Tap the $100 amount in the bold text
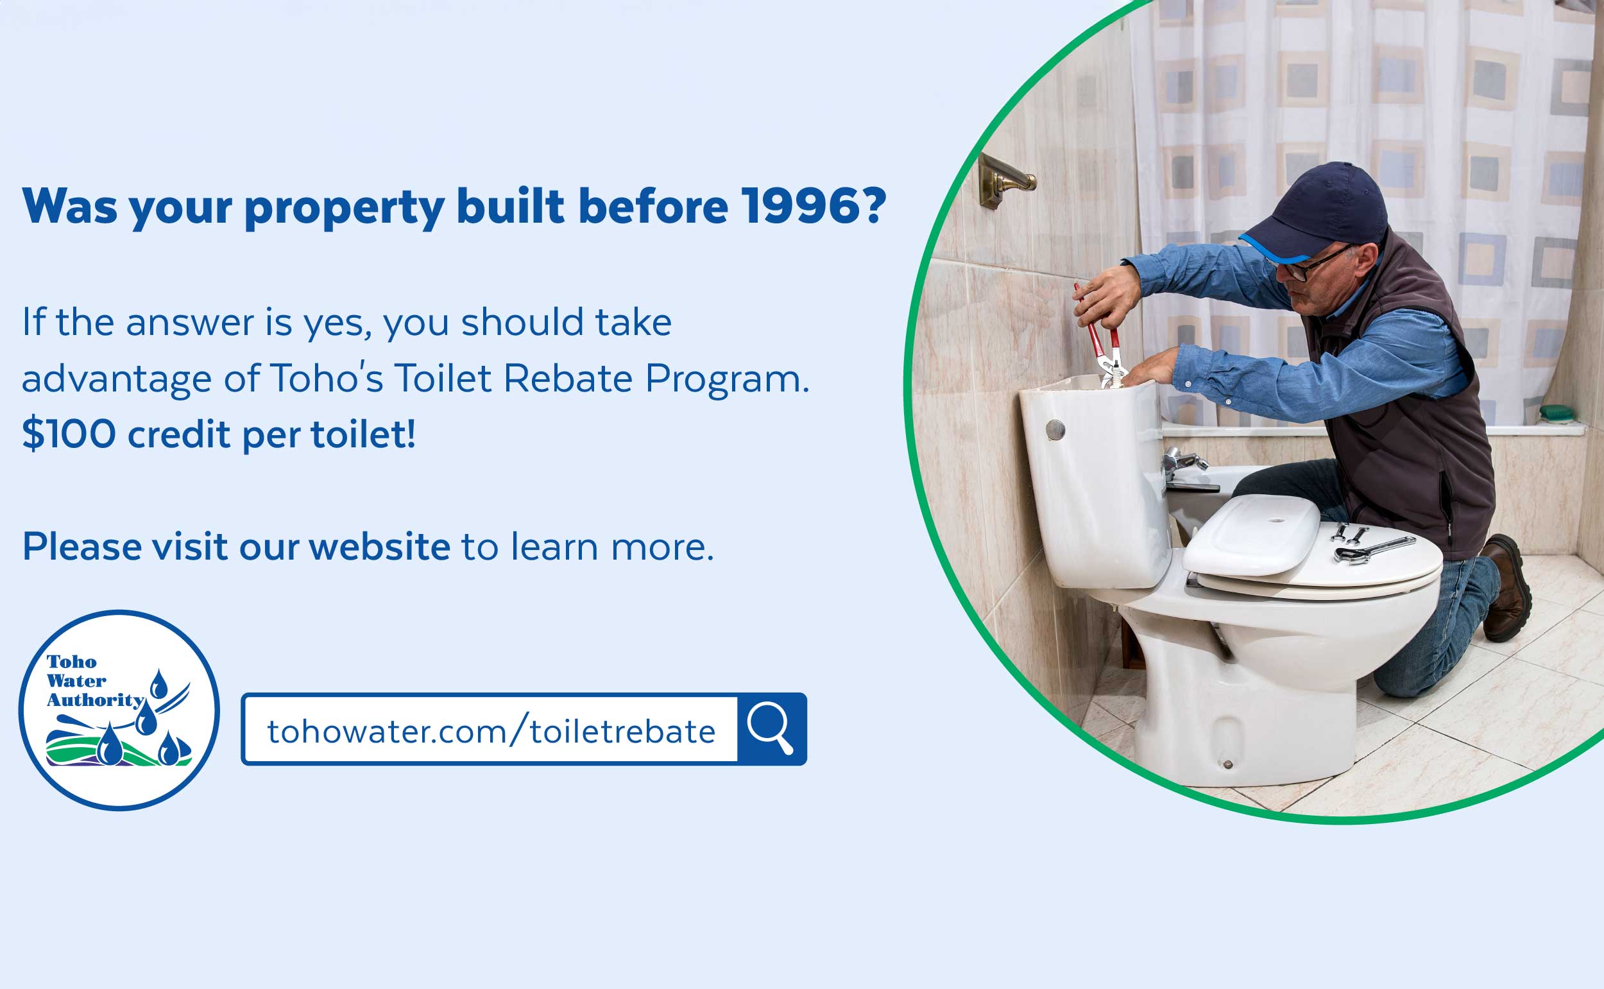[x=69, y=434]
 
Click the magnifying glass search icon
[x=771, y=728]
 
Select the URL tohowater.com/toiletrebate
[x=490, y=730]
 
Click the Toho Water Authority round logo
[x=119, y=710]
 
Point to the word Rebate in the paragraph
[x=568, y=379]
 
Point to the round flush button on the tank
[x=1055, y=430]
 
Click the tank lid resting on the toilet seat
[x=1251, y=535]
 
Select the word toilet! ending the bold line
[x=363, y=434]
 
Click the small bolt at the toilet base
[x=1227, y=764]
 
